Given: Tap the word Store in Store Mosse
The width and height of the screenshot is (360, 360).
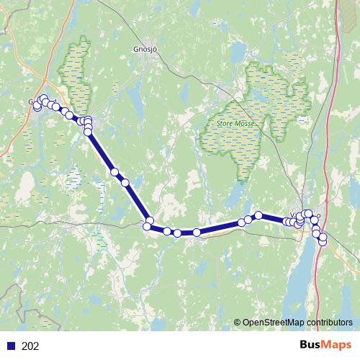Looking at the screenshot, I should click(x=228, y=123).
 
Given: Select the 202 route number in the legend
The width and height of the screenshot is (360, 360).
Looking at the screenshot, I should click(x=31, y=346).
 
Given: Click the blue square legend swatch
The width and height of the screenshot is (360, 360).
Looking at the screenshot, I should click(x=12, y=346).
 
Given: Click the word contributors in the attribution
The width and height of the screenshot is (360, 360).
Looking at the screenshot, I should click(x=329, y=323).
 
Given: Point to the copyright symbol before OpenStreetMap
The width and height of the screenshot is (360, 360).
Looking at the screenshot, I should click(x=237, y=323).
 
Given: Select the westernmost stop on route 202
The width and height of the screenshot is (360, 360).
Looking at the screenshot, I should click(x=37, y=107).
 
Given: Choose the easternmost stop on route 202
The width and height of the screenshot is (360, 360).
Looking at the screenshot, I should click(x=323, y=238).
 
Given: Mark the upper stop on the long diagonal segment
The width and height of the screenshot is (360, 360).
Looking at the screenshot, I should click(x=114, y=172).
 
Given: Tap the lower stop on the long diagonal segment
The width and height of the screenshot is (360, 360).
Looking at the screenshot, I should click(x=125, y=183).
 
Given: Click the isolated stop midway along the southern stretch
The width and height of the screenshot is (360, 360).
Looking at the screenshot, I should click(x=196, y=233).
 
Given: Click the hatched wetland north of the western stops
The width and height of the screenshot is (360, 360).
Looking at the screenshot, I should click(x=76, y=72).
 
